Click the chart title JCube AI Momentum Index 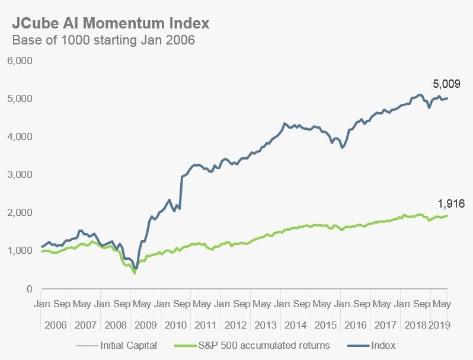coord(110,24)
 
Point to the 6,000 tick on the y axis coord(20,60)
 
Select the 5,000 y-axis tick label coord(20,98)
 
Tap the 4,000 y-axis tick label coord(20,136)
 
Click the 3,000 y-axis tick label coord(20,174)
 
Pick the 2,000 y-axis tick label coord(20,212)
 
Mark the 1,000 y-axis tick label coord(20,250)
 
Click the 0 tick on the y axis coord(28,289)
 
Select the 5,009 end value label coord(445,84)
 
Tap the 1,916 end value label coord(450,203)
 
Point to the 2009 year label coord(146,324)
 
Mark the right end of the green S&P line coord(448,215)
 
